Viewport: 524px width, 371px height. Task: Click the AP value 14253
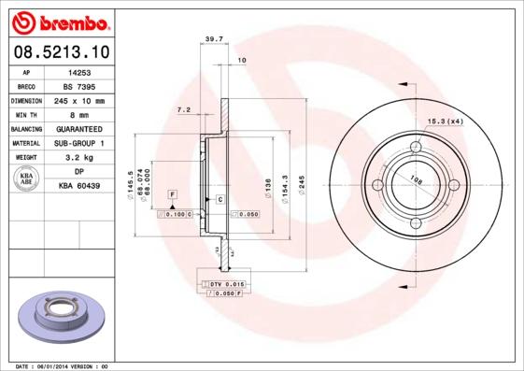pyautogui.click(x=78, y=71)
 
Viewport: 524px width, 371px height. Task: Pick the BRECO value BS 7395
pyautogui.click(x=78, y=85)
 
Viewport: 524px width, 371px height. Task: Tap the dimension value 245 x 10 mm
pyautogui.click(x=78, y=100)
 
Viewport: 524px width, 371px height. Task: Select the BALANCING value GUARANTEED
pyautogui.click(x=78, y=128)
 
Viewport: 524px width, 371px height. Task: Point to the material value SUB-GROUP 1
pyautogui.click(x=78, y=143)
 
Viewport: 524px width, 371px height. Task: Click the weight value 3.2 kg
pyautogui.click(x=78, y=158)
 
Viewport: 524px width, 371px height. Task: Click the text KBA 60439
pyautogui.click(x=78, y=187)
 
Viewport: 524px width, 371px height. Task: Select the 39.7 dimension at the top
pyautogui.click(x=212, y=39)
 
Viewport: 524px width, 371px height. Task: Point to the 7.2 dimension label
pyautogui.click(x=183, y=110)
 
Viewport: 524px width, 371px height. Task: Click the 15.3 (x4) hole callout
pyautogui.click(x=446, y=121)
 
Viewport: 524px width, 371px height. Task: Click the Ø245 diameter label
pyautogui.click(x=301, y=185)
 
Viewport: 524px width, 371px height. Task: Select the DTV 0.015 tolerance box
pyautogui.click(x=225, y=282)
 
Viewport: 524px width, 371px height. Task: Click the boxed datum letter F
pyautogui.click(x=172, y=193)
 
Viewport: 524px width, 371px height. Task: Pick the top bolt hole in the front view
pyautogui.click(x=416, y=146)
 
